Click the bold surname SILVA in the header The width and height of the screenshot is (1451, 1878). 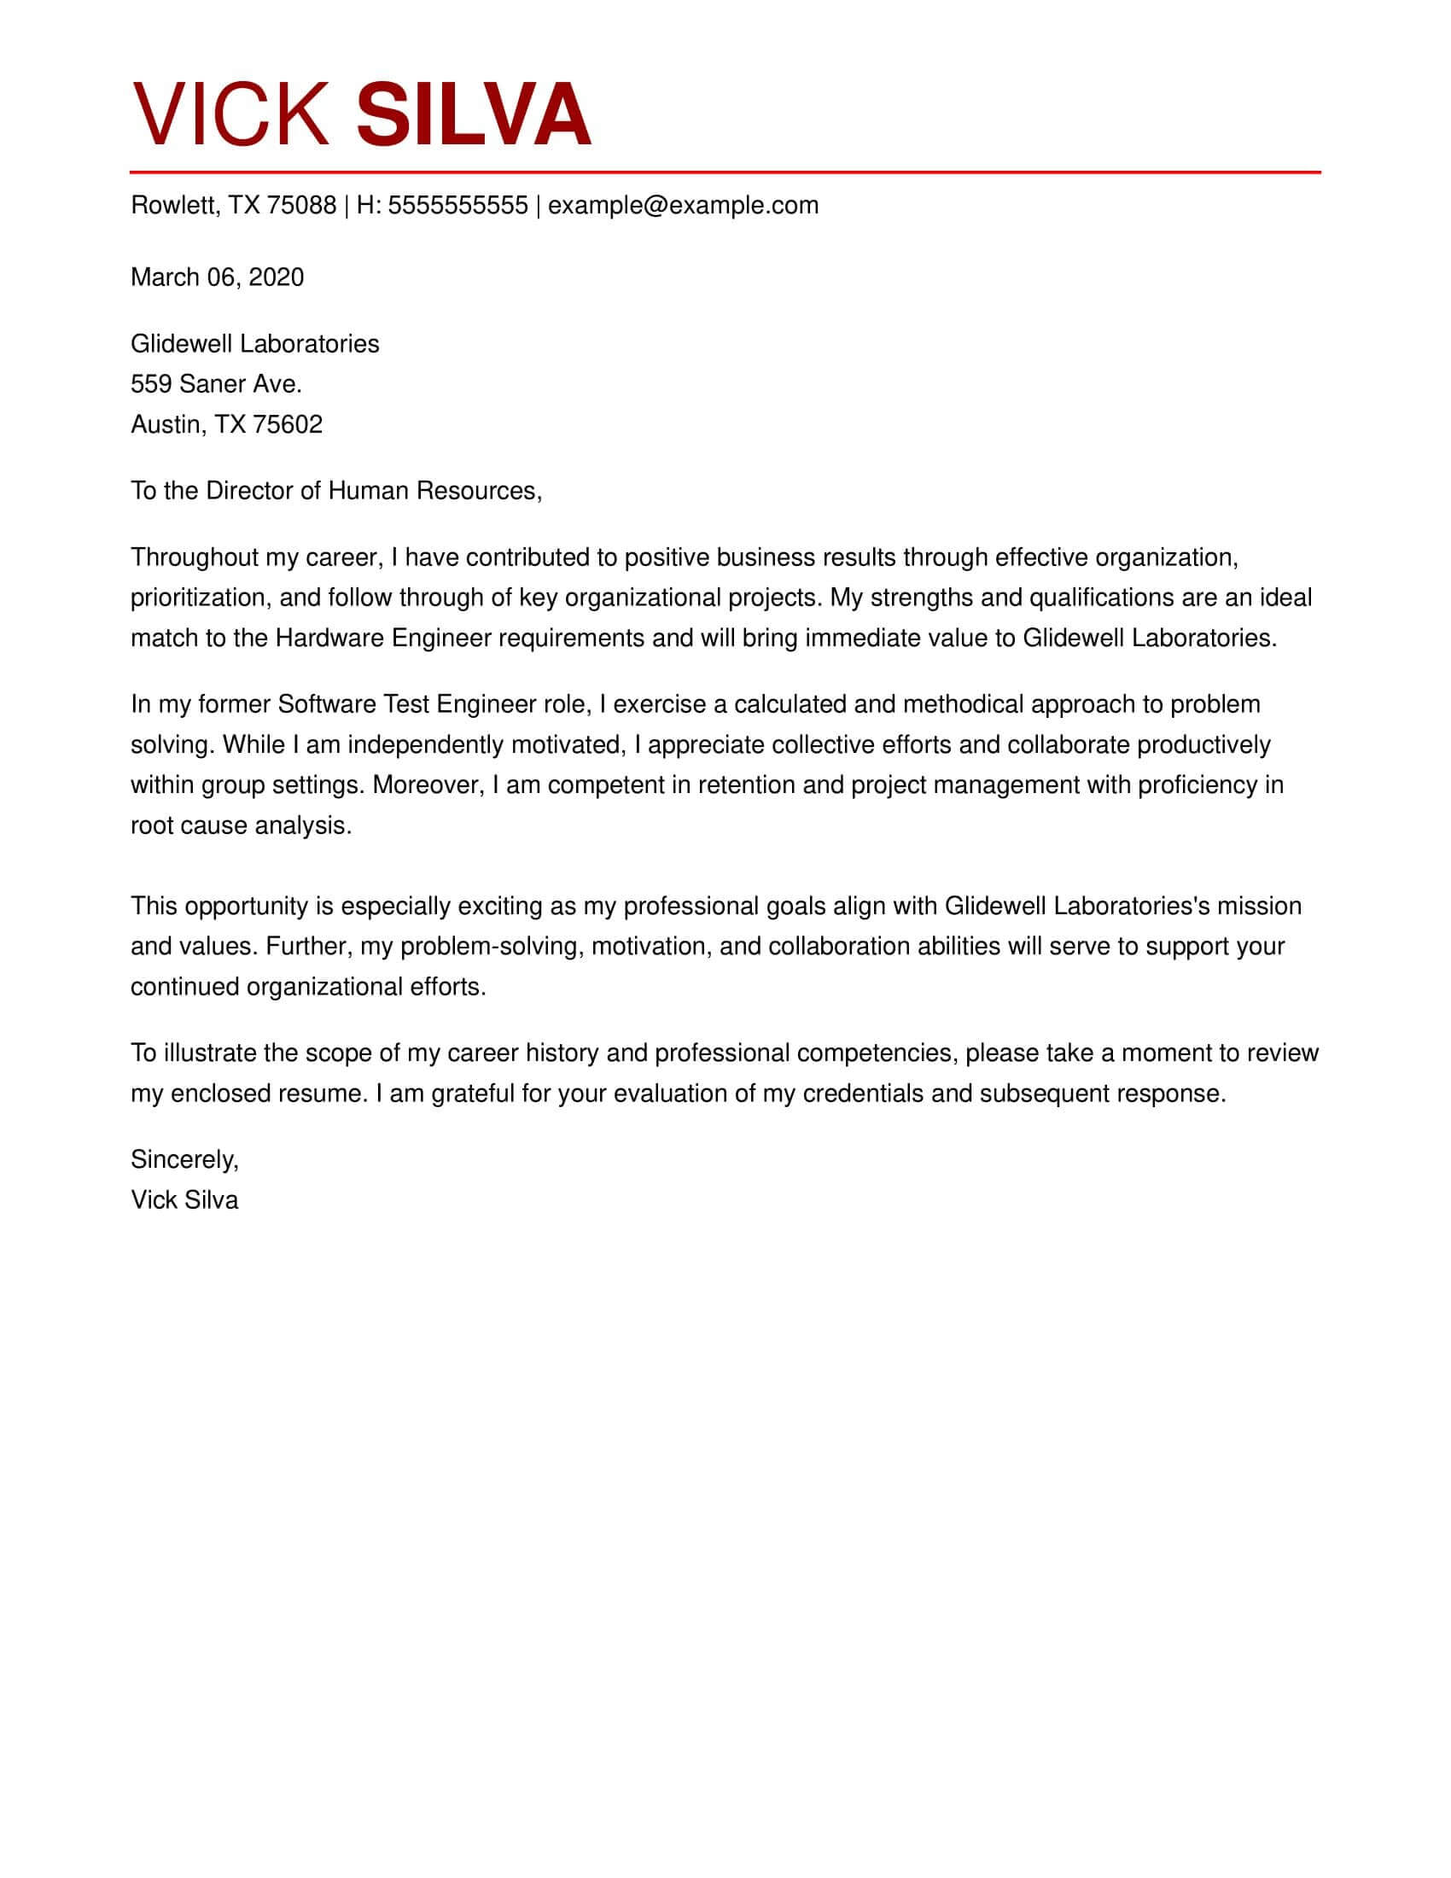click(x=473, y=114)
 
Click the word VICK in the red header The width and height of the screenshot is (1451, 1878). click(x=230, y=114)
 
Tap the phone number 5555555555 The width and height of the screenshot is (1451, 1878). click(x=457, y=206)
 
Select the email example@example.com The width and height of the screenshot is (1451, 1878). click(x=683, y=206)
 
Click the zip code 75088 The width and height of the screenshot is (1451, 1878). click(x=300, y=206)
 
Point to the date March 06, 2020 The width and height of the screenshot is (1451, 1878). click(x=217, y=277)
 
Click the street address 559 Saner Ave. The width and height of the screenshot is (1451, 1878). click(x=216, y=384)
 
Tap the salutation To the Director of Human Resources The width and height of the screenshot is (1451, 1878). click(x=336, y=491)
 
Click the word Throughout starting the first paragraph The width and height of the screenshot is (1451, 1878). click(x=194, y=558)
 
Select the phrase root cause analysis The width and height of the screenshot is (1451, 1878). click(x=241, y=825)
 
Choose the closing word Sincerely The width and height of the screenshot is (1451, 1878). click(x=184, y=1160)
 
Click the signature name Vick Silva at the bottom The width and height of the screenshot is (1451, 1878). click(x=184, y=1200)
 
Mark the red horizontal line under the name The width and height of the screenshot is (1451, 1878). click(x=725, y=172)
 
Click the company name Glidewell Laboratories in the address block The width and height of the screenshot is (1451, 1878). click(x=254, y=344)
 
